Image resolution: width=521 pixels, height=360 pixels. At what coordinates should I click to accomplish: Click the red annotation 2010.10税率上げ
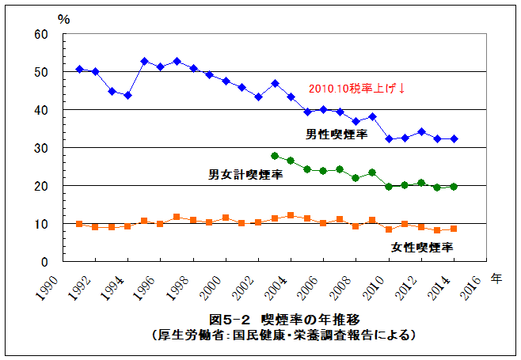[358, 88]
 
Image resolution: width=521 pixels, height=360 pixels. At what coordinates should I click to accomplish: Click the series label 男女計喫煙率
[245, 173]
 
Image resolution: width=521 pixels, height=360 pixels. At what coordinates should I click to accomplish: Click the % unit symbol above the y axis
[64, 19]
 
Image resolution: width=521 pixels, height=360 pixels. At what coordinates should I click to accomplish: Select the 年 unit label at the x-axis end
[496, 278]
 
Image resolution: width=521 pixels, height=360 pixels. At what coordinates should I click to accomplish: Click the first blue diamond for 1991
[79, 70]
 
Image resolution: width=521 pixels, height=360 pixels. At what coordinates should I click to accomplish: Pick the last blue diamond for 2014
[453, 138]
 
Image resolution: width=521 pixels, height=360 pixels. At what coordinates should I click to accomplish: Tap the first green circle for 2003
[275, 156]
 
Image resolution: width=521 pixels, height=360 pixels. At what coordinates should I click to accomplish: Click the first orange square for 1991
[79, 224]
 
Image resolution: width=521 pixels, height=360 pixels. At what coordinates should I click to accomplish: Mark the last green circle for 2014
[453, 187]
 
